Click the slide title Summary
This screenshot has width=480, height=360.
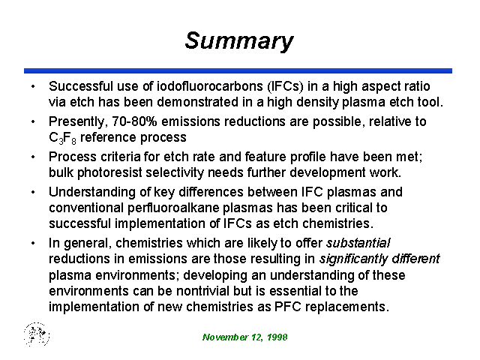(x=239, y=41)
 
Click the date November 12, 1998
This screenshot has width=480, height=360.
(x=245, y=337)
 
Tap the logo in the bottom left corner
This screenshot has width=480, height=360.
(x=37, y=334)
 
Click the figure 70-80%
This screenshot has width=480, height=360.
(x=134, y=121)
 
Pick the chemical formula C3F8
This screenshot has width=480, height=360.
(x=62, y=138)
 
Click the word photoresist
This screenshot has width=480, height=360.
(x=109, y=173)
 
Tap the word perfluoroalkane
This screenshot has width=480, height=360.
(x=173, y=208)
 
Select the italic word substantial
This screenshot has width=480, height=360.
(x=358, y=243)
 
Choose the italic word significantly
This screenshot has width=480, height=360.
(x=353, y=259)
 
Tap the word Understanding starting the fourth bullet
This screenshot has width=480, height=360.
(x=92, y=193)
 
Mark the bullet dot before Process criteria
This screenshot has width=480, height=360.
(x=33, y=157)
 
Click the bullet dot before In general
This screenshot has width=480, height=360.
(x=33, y=243)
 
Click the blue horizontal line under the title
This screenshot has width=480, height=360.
(x=238, y=71)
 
